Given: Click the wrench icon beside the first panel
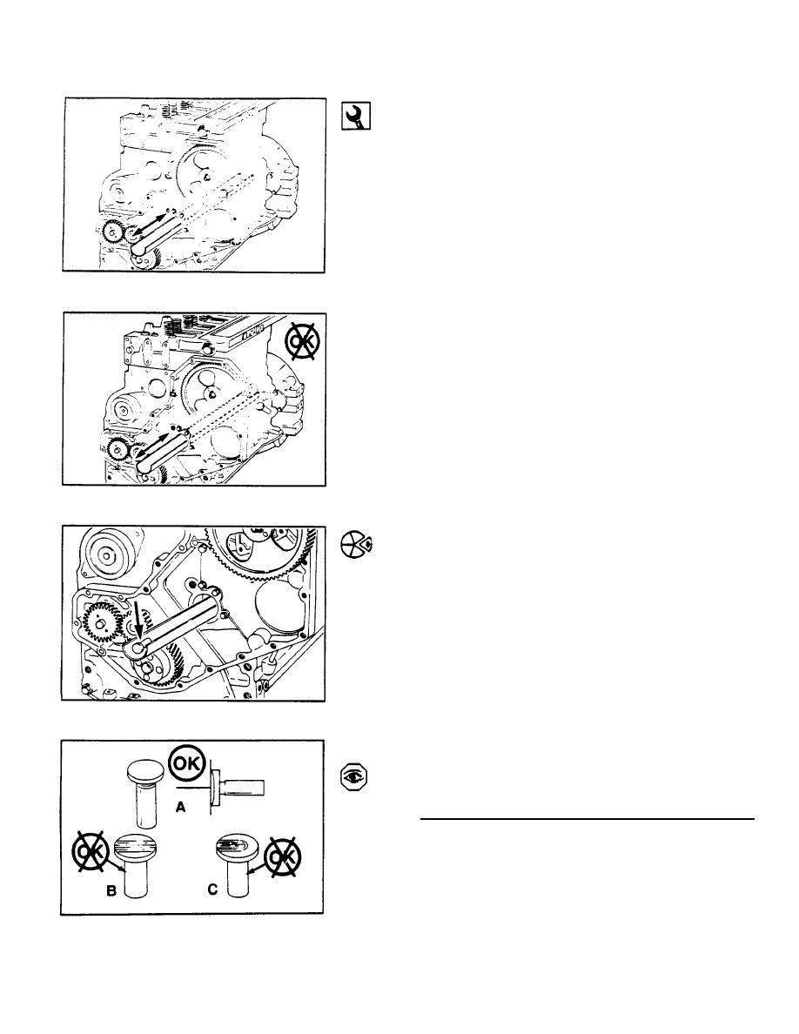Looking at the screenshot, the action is click(x=355, y=116).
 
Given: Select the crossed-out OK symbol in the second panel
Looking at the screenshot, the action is click(x=301, y=341).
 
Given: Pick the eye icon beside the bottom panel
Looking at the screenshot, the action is click(x=354, y=777).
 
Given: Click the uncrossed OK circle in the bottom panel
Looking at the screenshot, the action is click(x=188, y=765).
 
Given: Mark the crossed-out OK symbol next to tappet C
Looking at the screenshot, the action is click(x=283, y=856).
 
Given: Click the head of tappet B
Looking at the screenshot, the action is click(x=135, y=846).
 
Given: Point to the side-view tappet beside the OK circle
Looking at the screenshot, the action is click(x=237, y=786).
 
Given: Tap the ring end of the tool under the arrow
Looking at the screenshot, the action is click(x=138, y=649).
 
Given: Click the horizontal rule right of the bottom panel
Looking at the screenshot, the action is click(x=587, y=819).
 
